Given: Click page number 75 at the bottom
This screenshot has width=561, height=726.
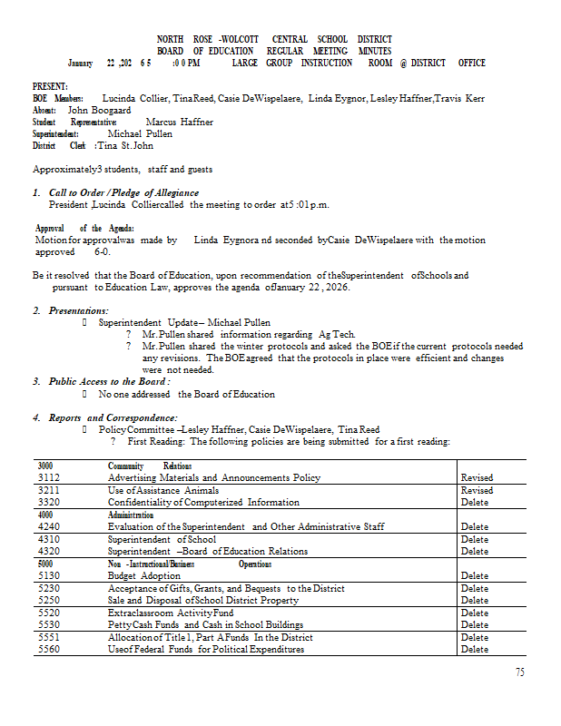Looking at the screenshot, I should [519, 672].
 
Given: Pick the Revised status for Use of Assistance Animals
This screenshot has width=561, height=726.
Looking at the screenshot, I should [477, 490].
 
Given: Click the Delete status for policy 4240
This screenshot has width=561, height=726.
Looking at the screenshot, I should [475, 526].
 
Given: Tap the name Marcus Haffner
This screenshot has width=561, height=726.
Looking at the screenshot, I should [179, 122].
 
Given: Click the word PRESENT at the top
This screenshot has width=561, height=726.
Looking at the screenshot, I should [49, 86].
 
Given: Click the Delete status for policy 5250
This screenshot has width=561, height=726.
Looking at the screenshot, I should [475, 600].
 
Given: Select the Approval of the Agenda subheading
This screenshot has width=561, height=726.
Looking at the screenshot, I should [84, 229].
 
